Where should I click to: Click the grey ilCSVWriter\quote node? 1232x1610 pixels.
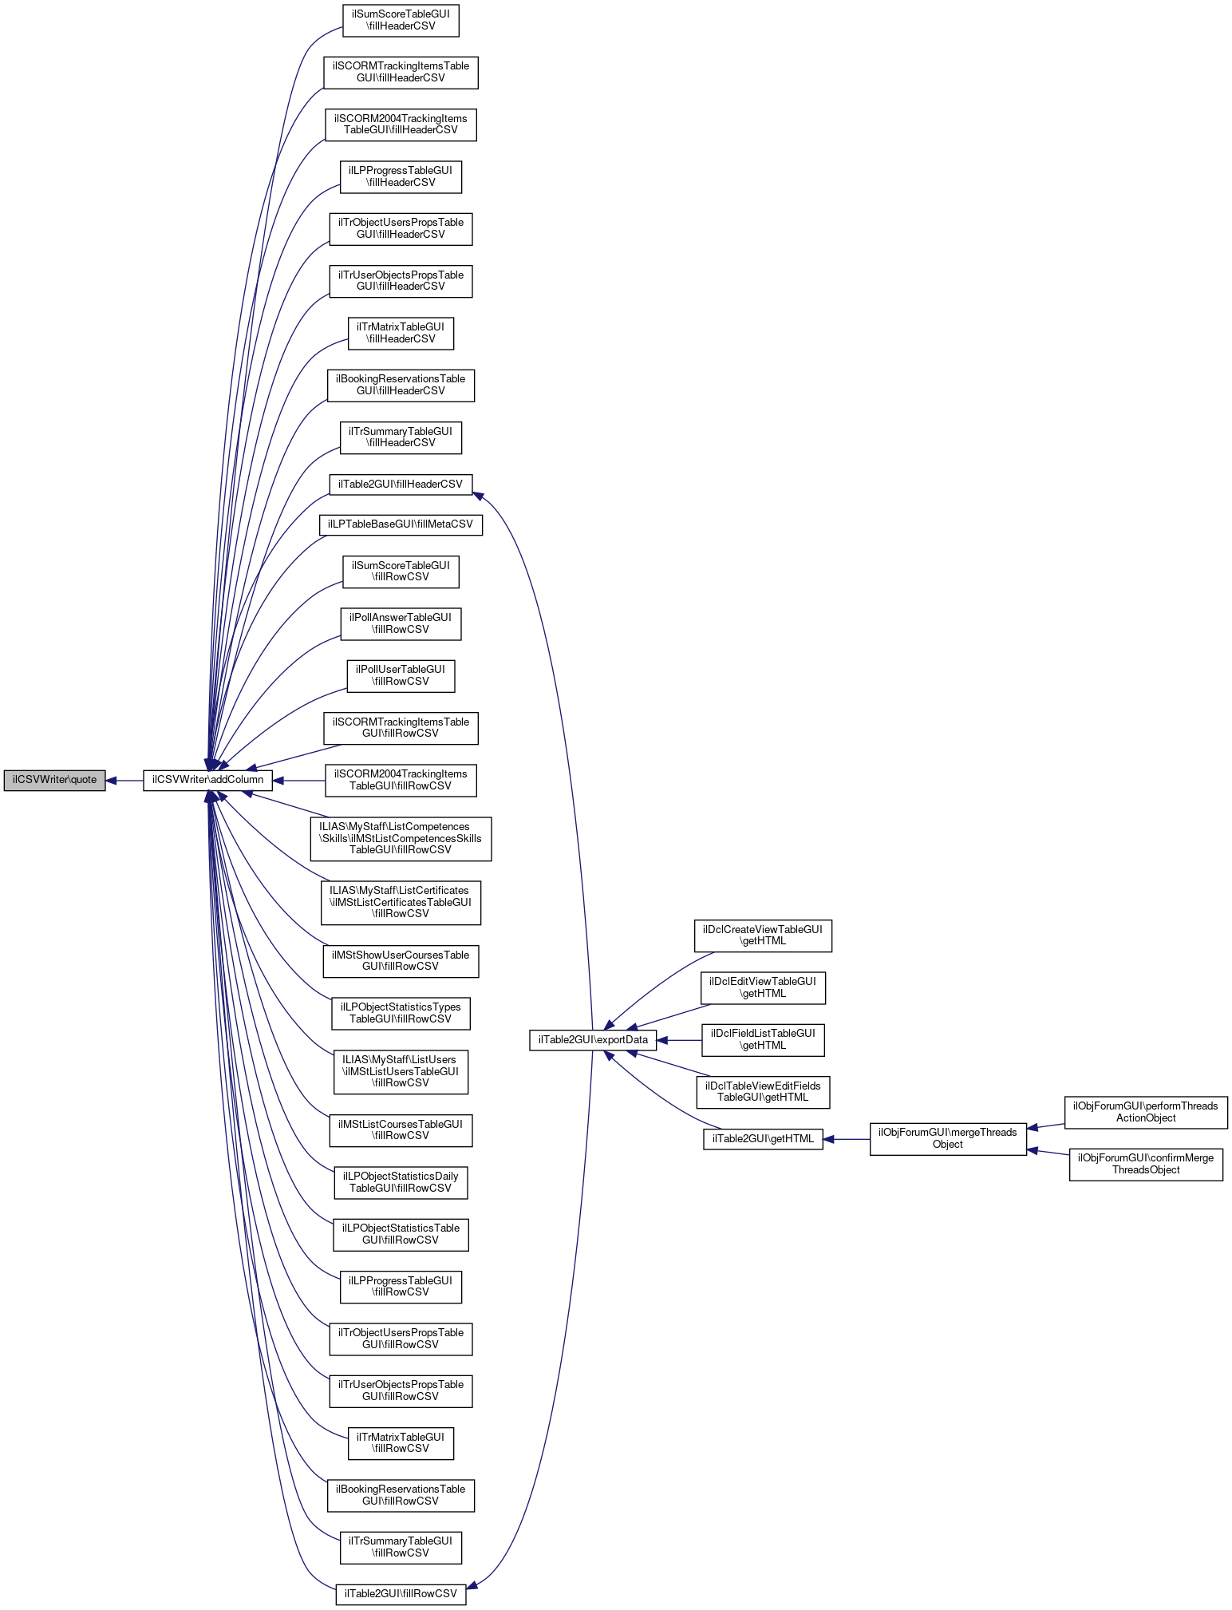54,780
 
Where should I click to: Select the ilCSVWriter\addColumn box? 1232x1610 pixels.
207,780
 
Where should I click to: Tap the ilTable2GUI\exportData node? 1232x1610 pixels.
593,1040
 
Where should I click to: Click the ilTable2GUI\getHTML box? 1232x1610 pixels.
762,1139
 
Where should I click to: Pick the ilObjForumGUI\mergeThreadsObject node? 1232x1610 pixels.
947,1138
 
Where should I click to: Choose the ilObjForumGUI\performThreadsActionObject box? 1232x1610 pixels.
1145,1112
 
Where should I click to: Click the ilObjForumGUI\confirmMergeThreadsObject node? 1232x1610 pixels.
1145,1164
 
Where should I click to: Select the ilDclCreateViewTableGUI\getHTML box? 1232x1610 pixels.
762,936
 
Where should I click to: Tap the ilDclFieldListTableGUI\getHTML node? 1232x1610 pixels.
762,1039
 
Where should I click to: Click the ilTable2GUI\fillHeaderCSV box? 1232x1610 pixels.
400,484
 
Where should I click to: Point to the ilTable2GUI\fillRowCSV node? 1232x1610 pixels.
400,1593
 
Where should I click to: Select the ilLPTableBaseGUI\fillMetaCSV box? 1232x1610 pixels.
400,524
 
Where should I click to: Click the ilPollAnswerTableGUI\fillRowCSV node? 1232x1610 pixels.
400,623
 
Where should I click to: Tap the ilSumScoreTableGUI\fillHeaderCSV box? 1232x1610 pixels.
400,20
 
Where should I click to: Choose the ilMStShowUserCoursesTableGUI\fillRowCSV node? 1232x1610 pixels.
400,961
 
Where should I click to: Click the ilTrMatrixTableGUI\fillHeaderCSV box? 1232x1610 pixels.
400,333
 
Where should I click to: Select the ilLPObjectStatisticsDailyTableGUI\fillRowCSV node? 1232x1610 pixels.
400,1182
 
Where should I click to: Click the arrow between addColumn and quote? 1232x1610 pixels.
124,780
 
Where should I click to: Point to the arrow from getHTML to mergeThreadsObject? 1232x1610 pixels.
846,1139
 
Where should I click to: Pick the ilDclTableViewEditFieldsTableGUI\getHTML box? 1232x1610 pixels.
762,1091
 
